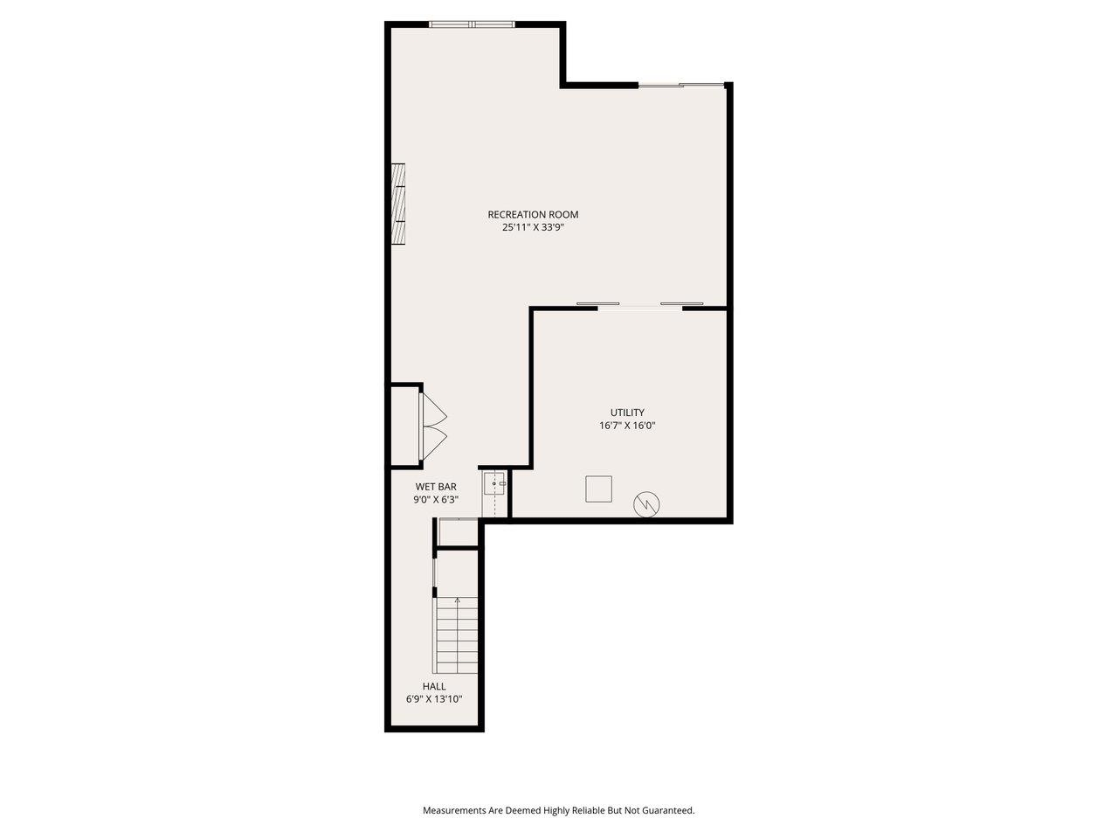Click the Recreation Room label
tap(533, 214)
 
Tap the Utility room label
tap(627, 413)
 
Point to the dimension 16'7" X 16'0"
tap(627, 426)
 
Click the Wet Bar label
tap(436, 487)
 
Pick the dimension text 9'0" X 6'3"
tap(436, 500)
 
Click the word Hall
tap(434, 686)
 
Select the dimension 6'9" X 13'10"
tap(434, 699)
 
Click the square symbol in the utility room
tap(599, 489)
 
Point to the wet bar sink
tap(495, 482)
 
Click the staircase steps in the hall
tap(457, 634)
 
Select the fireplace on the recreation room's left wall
tap(399, 205)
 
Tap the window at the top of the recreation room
tap(472, 24)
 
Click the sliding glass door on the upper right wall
tap(681, 85)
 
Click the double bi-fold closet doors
tap(434, 426)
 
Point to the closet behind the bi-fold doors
tap(404, 426)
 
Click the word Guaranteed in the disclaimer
tap(668, 810)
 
